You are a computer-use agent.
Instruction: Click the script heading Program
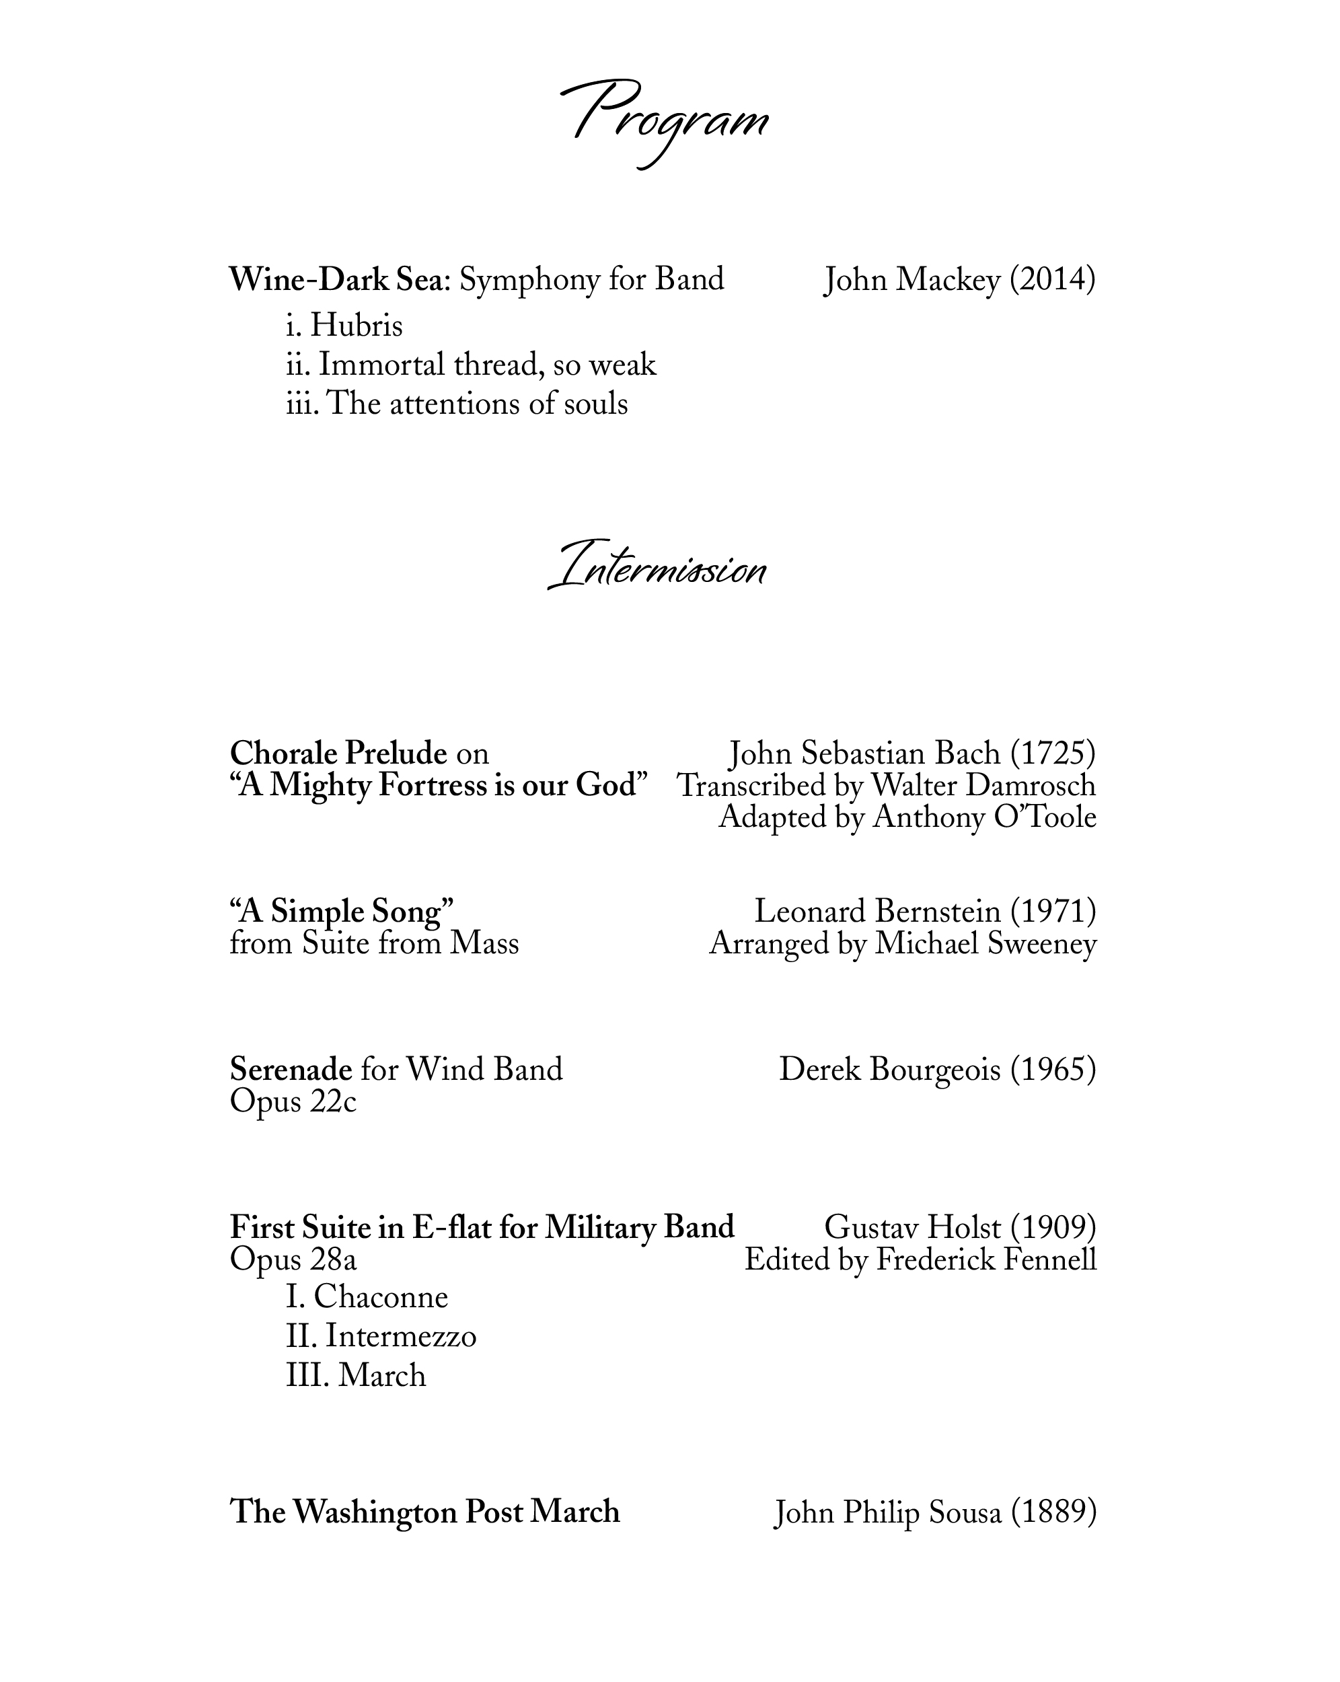point(665,121)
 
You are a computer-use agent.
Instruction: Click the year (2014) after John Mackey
point(1052,280)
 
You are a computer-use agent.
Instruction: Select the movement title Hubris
point(357,326)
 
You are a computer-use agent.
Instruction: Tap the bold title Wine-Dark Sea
point(336,280)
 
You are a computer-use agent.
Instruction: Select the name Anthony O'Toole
point(984,817)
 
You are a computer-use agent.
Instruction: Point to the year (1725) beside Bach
point(1052,754)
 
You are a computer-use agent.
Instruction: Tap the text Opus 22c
point(293,1101)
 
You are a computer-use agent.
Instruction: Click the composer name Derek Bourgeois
point(889,1070)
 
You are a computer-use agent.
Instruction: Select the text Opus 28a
point(293,1260)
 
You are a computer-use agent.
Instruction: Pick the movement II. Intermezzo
point(381,1336)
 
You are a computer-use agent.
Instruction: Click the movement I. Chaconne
point(367,1297)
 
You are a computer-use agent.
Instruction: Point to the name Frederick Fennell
point(986,1260)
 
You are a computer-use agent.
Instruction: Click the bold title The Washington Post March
point(424,1512)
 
